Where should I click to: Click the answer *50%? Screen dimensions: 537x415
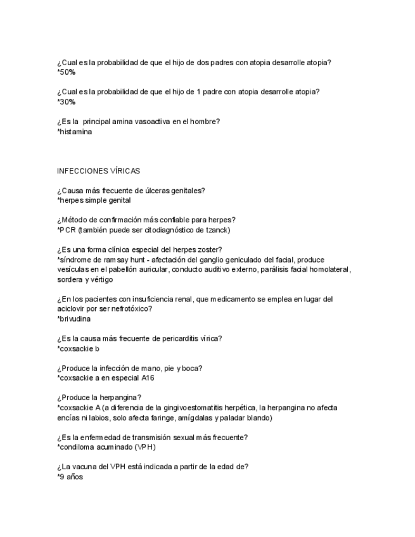66,72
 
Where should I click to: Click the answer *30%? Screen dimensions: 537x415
66,101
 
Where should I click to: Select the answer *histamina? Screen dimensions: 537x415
74,132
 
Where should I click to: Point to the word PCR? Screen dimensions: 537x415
67,229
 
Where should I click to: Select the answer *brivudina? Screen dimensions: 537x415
73,319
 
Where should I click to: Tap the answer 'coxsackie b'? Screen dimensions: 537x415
78,348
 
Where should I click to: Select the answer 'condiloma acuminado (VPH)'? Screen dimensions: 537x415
106,447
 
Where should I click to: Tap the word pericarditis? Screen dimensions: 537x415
177,338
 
